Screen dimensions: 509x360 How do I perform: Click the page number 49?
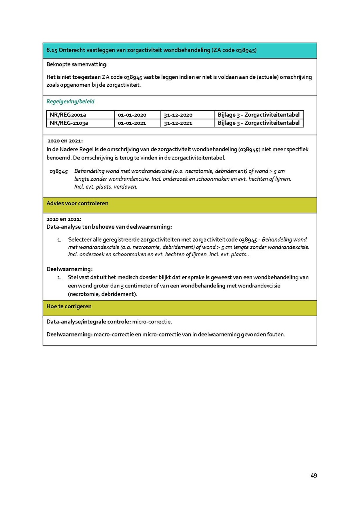[314, 475]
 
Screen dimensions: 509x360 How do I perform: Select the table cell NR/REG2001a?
[68, 115]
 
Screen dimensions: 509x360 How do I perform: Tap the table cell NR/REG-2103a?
[69, 123]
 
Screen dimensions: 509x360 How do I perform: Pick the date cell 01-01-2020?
[132, 115]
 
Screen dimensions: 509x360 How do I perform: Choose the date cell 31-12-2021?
[178, 123]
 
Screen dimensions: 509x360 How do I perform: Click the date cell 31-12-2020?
[178, 115]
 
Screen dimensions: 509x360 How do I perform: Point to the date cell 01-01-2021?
[132, 123]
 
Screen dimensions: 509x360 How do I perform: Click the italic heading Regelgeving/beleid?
[70, 102]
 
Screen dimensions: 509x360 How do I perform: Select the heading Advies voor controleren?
[77, 203]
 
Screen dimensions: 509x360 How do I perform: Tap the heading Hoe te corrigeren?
[69, 306]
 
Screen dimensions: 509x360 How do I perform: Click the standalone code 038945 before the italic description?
[59, 171]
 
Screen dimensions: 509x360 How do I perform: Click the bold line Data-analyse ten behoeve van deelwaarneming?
[109, 227]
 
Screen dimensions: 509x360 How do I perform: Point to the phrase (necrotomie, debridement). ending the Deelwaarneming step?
[102, 294]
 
